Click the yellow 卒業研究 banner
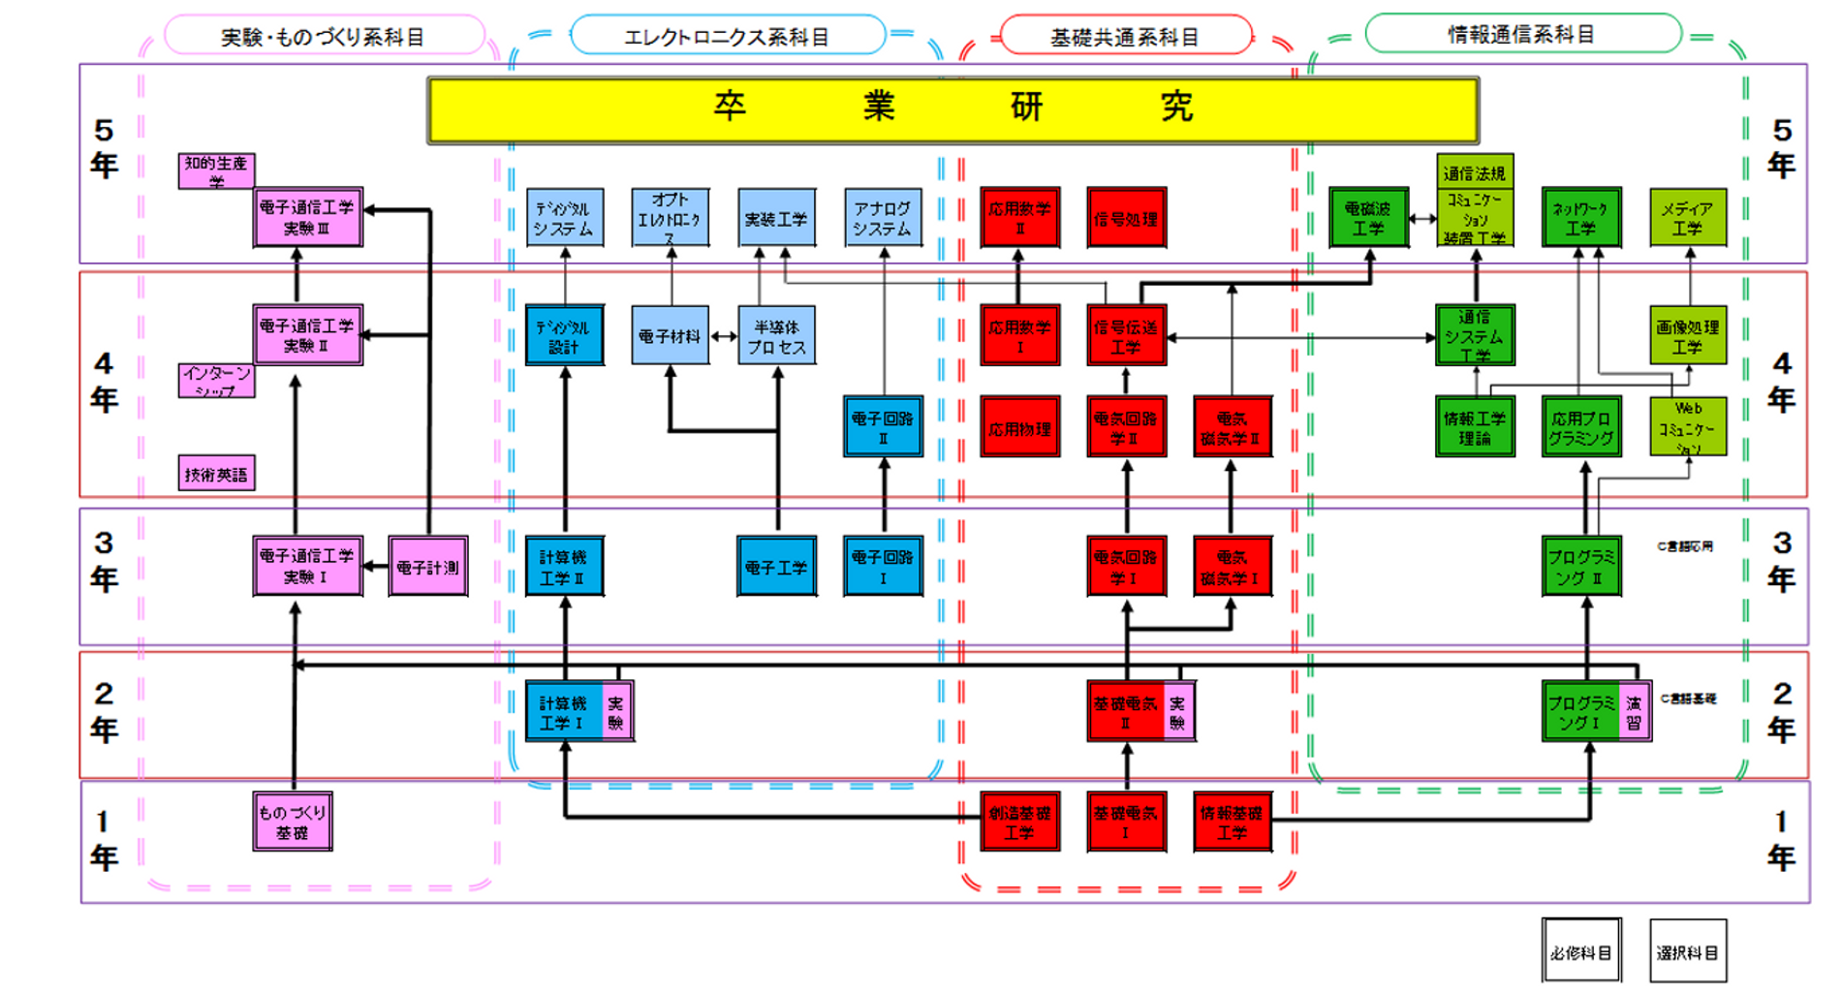(952, 109)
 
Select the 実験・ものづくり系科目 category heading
(324, 36)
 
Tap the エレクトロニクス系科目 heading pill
(727, 36)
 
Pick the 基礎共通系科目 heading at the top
(1125, 36)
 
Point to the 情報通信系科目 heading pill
(1521, 34)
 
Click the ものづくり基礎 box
(293, 822)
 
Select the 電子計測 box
(427, 567)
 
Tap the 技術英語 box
(216, 474)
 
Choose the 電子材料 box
(670, 336)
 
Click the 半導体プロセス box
(777, 336)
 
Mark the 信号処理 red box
(1126, 219)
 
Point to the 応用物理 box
(1019, 427)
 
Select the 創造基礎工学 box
(1019, 822)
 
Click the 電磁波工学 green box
(1368, 218)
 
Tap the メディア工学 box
(1688, 218)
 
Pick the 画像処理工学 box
(1688, 336)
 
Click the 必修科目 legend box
(1581, 951)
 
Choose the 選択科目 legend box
(1688, 951)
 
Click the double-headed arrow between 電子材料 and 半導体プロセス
(724, 336)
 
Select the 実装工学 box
(777, 218)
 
